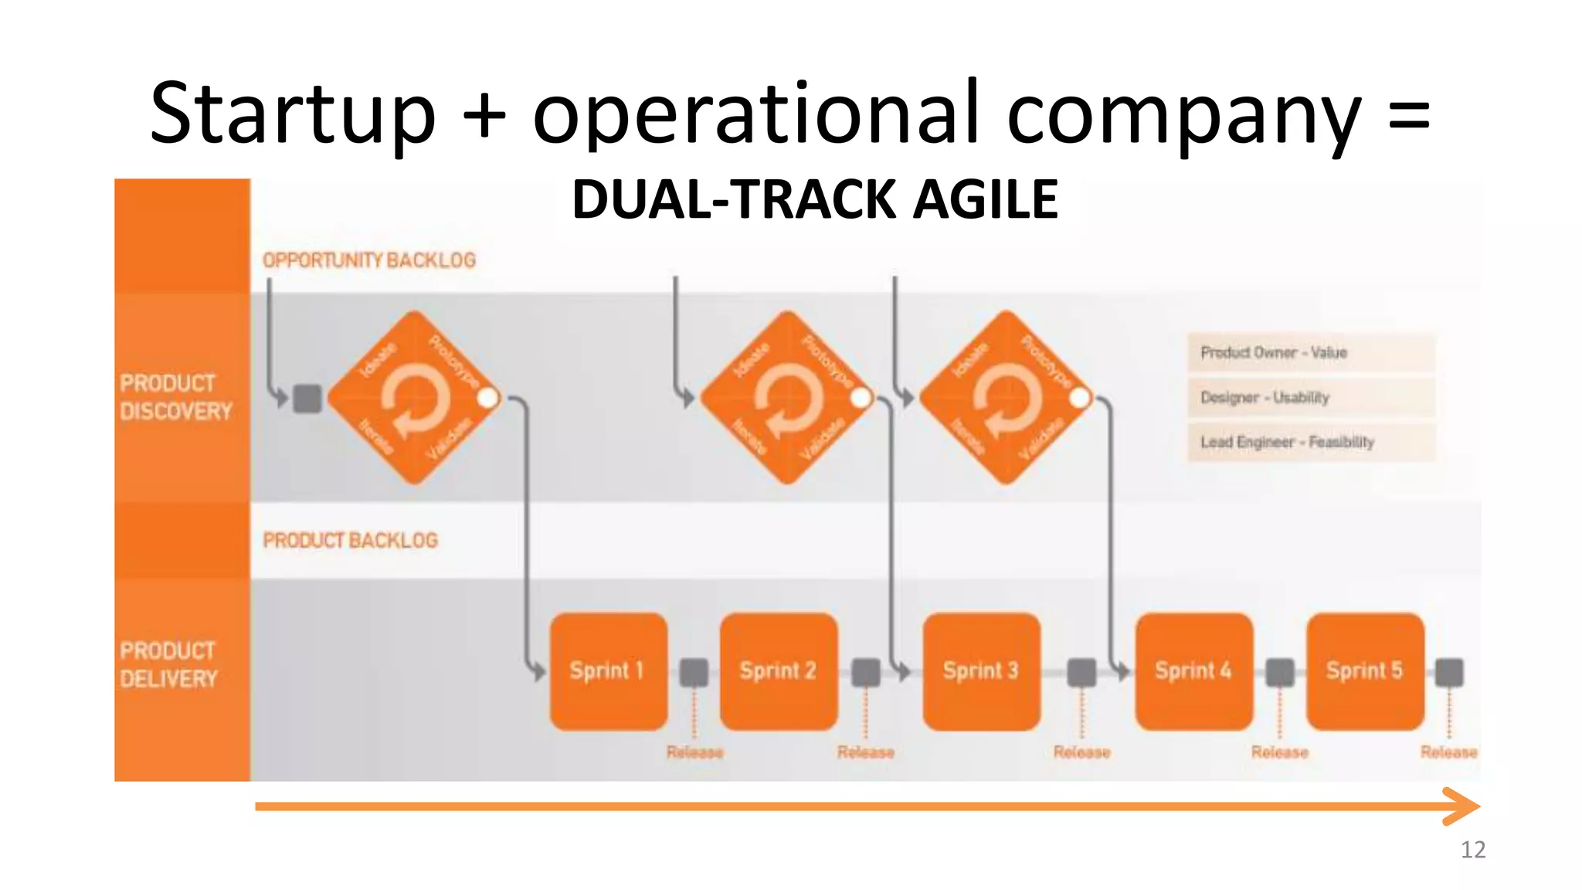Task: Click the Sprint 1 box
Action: click(x=608, y=671)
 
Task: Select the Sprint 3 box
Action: click(x=981, y=671)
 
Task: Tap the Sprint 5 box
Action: click(x=1365, y=671)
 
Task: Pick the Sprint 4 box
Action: click(x=1193, y=671)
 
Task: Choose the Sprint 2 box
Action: click(x=778, y=671)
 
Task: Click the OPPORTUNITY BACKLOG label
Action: click(x=369, y=260)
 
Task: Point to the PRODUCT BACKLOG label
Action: click(x=350, y=540)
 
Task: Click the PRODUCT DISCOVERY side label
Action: click(x=175, y=397)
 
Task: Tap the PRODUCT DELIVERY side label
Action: click(x=168, y=664)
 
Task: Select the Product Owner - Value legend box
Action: click(x=1311, y=352)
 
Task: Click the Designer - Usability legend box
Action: click(x=1311, y=397)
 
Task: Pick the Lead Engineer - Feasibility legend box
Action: click(x=1311, y=442)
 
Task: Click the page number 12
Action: click(x=1472, y=850)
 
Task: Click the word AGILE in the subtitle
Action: click(x=985, y=199)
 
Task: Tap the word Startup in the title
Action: click(x=292, y=114)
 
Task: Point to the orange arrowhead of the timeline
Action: click(x=1462, y=807)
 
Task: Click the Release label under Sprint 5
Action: click(x=1448, y=752)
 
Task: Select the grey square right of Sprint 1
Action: click(x=694, y=672)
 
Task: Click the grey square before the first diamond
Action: click(x=307, y=399)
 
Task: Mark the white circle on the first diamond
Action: click(x=488, y=398)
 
